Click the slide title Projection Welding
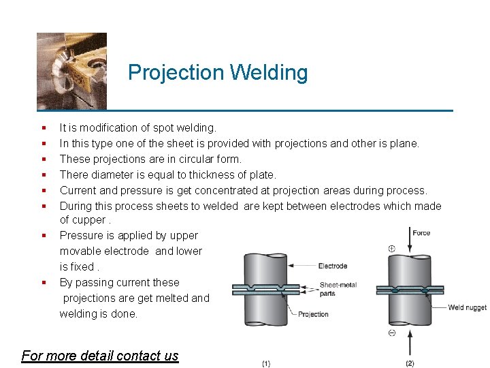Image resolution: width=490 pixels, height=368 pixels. [x=218, y=72]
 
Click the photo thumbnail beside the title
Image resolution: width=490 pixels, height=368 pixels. [x=71, y=70]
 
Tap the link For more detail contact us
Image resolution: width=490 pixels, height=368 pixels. [x=100, y=355]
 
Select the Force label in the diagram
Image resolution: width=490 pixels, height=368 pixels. [x=422, y=233]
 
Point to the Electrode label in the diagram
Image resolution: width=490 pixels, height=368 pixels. [x=333, y=266]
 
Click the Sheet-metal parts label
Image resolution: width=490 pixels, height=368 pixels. [x=337, y=289]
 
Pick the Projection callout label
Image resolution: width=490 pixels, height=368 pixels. [x=314, y=314]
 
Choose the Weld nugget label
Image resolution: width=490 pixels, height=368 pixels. [x=467, y=307]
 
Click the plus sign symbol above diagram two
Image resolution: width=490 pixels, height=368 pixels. [x=391, y=249]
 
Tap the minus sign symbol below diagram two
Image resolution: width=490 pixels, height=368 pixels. [x=392, y=333]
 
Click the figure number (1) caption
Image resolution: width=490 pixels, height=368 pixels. [x=265, y=363]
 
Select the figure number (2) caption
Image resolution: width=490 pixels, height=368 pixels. [x=410, y=363]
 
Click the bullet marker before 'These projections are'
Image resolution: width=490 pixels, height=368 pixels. [x=43, y=159]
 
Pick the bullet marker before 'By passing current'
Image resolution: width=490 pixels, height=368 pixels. [x=43, y=282]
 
